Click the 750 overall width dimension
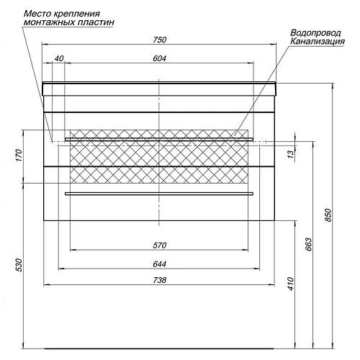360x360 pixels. pyautogui.click(x=160, y=40)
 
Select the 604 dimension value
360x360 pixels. pyautogui.click(x=160, y=58)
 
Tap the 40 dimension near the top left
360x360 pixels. pyautogui.click(x=59, y=58)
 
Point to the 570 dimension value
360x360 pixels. pyautogui.click(x=160, y=246)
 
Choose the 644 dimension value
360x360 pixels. pyautogui.click(x=160, y=264)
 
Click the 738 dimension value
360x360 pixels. pyautogui.click(x=160, y=280)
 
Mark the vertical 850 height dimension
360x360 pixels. pyautogui.click(x=328, y=215)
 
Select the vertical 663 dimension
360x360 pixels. pyautogui.click(x=309, y=244)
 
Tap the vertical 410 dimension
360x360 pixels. pyautogui.click(x=290, y=284)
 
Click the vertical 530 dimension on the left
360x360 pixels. pyautogui.click(x=19, y=265)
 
